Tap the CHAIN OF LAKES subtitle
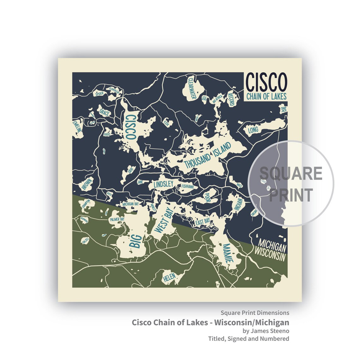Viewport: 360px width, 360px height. (x=266, y=96)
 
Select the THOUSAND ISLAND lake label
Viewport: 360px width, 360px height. (x=207, y=155)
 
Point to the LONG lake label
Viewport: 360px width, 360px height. (x=253, y=130)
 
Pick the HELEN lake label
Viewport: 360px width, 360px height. (x=169, y=277)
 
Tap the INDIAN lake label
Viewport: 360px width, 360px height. (x=238, y=205)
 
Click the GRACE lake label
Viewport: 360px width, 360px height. (x=104, y=112)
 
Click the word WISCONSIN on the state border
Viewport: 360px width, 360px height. (x=270, y=254)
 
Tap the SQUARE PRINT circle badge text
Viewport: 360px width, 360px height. (x=291, y=183)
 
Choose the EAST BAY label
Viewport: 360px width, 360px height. (x=202, y=222)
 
